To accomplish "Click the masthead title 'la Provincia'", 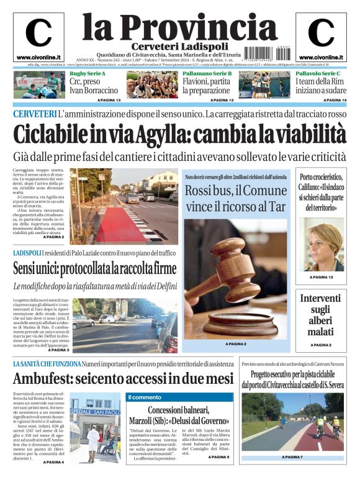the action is coord(179,27).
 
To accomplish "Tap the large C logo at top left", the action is coord(38,33).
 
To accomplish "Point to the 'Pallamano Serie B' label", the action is coord(207,74).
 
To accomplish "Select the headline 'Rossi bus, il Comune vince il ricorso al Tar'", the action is coord(235,198).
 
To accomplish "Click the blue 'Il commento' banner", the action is coord(145,397).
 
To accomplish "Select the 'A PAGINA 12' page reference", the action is coord(321,276).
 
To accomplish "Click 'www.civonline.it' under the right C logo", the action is coord(321,57).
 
